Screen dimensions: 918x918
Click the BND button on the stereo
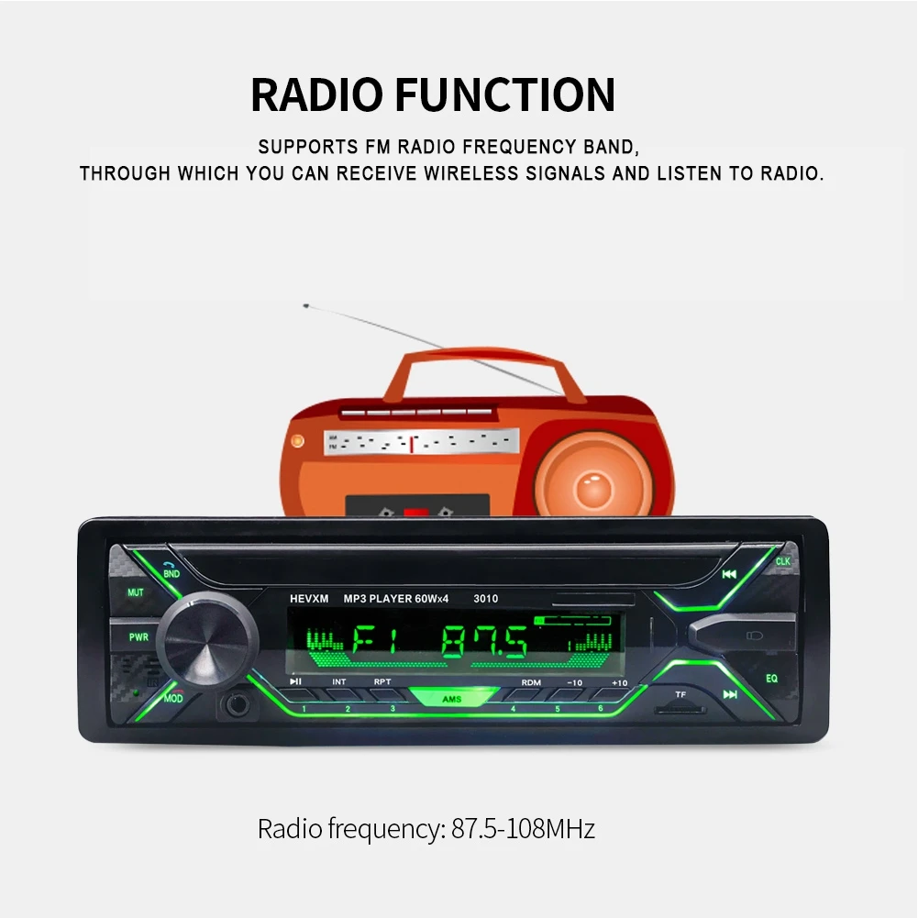[171, 573]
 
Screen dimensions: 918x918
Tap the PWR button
[138, 636]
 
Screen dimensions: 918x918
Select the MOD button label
[173, 699]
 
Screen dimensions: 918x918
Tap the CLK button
[782, 561]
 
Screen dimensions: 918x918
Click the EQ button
[771, 679]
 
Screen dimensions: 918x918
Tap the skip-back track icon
[729, 575]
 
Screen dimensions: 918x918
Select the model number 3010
[485, 599]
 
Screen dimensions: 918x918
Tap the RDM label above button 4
[531, 682]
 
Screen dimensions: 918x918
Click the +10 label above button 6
[619, 682]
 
